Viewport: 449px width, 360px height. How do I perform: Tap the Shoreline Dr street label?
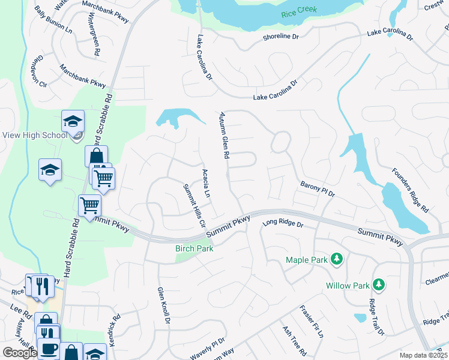[280, 37]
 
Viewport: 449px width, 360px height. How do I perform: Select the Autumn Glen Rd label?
[224, 135]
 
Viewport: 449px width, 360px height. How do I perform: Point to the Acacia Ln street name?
[206, 184]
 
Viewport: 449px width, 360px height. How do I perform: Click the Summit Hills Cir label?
[194, 205]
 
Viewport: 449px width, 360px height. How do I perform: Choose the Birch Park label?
[194, 248]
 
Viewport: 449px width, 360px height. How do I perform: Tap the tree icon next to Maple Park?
[337, 259]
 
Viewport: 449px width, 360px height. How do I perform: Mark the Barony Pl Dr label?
[317, 190]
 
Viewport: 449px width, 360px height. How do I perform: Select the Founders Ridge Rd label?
[411, 190]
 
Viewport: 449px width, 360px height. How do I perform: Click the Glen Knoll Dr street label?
[163, 305]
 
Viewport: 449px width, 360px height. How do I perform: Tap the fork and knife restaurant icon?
[43, 286]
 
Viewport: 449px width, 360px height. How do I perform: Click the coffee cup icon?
[49, 348]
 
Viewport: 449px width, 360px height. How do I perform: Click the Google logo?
[20, 353]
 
